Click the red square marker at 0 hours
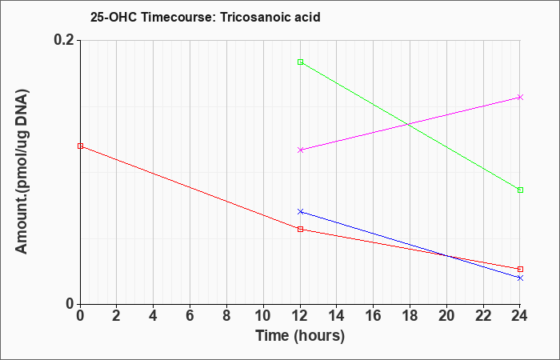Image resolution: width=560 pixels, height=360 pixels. (x=80, y=146)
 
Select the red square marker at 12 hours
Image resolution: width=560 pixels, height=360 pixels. (x=300, y=230)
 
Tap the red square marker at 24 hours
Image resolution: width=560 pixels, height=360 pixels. (x=520, y=270)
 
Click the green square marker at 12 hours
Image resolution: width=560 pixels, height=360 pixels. (x=300, y=62)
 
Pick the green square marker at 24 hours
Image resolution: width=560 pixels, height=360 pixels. (x=520, y=190)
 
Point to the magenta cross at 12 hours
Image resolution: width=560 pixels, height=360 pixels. (x=300, y=150)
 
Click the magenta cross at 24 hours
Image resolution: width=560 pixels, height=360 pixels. (x=520, y=97)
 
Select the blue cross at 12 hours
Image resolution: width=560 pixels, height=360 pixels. (x=300, y=212)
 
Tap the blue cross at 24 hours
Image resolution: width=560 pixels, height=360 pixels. (x=520, y=278)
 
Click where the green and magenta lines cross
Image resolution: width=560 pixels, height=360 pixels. (x=407, y=124)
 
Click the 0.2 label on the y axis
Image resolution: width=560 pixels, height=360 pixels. (x=64, y=40)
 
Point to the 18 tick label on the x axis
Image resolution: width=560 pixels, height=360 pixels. (x=410, y=316)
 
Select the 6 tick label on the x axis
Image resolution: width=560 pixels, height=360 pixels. (x=190, y=316)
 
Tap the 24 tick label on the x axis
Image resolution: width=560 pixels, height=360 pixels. (x=520, y=316)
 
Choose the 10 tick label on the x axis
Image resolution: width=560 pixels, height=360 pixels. (x=263, y=316)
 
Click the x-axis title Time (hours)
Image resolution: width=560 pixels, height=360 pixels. (x=300, y=336)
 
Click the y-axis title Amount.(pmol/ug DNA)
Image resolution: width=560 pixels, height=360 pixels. (x=22, y=172)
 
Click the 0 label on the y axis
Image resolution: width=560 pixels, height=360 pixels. (x=70, y=304)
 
